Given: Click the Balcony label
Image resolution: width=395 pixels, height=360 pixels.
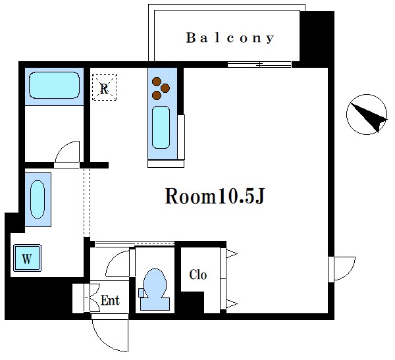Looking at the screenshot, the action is point(230,38).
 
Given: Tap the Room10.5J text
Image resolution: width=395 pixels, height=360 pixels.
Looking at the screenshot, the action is point(215,196).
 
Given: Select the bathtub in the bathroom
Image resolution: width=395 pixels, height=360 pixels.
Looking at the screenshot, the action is point(55,85).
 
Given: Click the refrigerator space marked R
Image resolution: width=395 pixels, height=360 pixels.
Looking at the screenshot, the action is point(105,88).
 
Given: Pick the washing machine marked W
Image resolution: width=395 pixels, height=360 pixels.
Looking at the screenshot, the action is point(27,258).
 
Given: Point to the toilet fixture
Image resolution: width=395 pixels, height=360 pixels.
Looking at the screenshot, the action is point(155,289).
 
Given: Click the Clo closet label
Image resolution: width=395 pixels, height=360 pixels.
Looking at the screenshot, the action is point(198,275).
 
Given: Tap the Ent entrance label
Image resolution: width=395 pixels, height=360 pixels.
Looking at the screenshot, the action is point(110,300).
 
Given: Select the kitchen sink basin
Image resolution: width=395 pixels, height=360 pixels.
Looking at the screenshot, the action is point(161,127).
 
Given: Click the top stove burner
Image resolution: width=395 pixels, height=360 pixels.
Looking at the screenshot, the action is point(157,82).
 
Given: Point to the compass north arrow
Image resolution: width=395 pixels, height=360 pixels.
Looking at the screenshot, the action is point(369,116).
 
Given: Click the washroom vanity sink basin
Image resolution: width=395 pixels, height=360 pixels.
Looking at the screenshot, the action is point(38,199).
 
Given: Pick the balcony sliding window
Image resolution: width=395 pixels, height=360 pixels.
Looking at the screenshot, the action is point(259,64).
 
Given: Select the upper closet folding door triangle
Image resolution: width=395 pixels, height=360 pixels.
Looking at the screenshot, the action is point(231,253).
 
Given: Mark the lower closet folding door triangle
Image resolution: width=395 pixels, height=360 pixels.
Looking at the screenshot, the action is point(231,304).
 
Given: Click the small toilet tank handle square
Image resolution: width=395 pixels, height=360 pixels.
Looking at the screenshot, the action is point(142,293).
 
